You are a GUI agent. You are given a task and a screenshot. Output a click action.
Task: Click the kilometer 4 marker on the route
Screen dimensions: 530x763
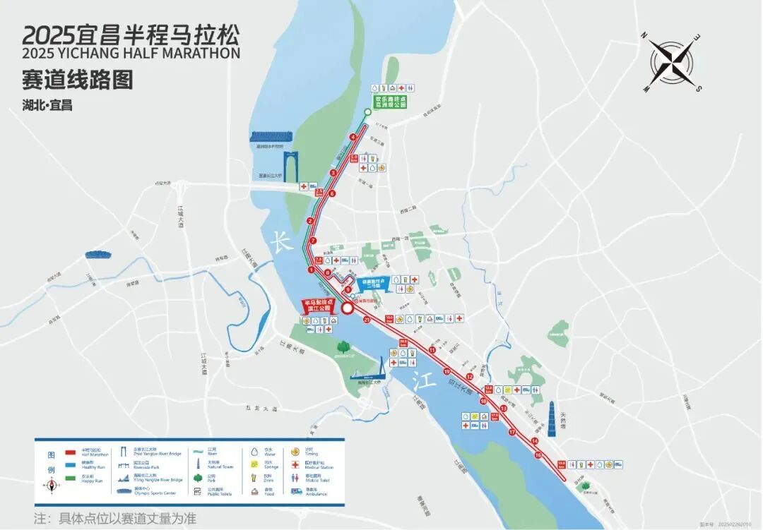[x=353, y=137]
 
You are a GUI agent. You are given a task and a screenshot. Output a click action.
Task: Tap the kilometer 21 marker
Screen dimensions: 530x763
[x=367, y=320]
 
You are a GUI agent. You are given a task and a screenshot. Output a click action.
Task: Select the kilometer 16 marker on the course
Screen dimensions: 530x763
[x=538, y=455]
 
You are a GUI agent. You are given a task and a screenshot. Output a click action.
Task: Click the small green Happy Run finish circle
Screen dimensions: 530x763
[x=367, y=112]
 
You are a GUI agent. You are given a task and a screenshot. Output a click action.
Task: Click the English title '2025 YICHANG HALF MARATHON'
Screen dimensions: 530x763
[x=131, y=53]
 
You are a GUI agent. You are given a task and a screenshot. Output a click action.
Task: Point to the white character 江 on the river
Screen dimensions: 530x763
[x=422, y=376]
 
